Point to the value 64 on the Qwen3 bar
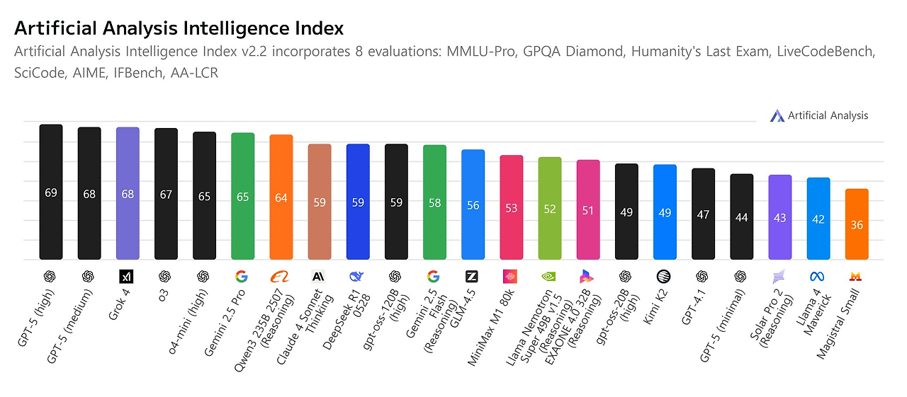coord(281,197)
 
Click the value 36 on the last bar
coord(857,225)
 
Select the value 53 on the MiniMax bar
coord(512,208)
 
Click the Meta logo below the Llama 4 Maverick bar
coord(818,276)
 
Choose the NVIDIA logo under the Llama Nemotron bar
coord(550,276)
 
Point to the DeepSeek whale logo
coord(358,276)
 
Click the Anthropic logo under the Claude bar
coord(320,276)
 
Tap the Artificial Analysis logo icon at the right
coord(777,116)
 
